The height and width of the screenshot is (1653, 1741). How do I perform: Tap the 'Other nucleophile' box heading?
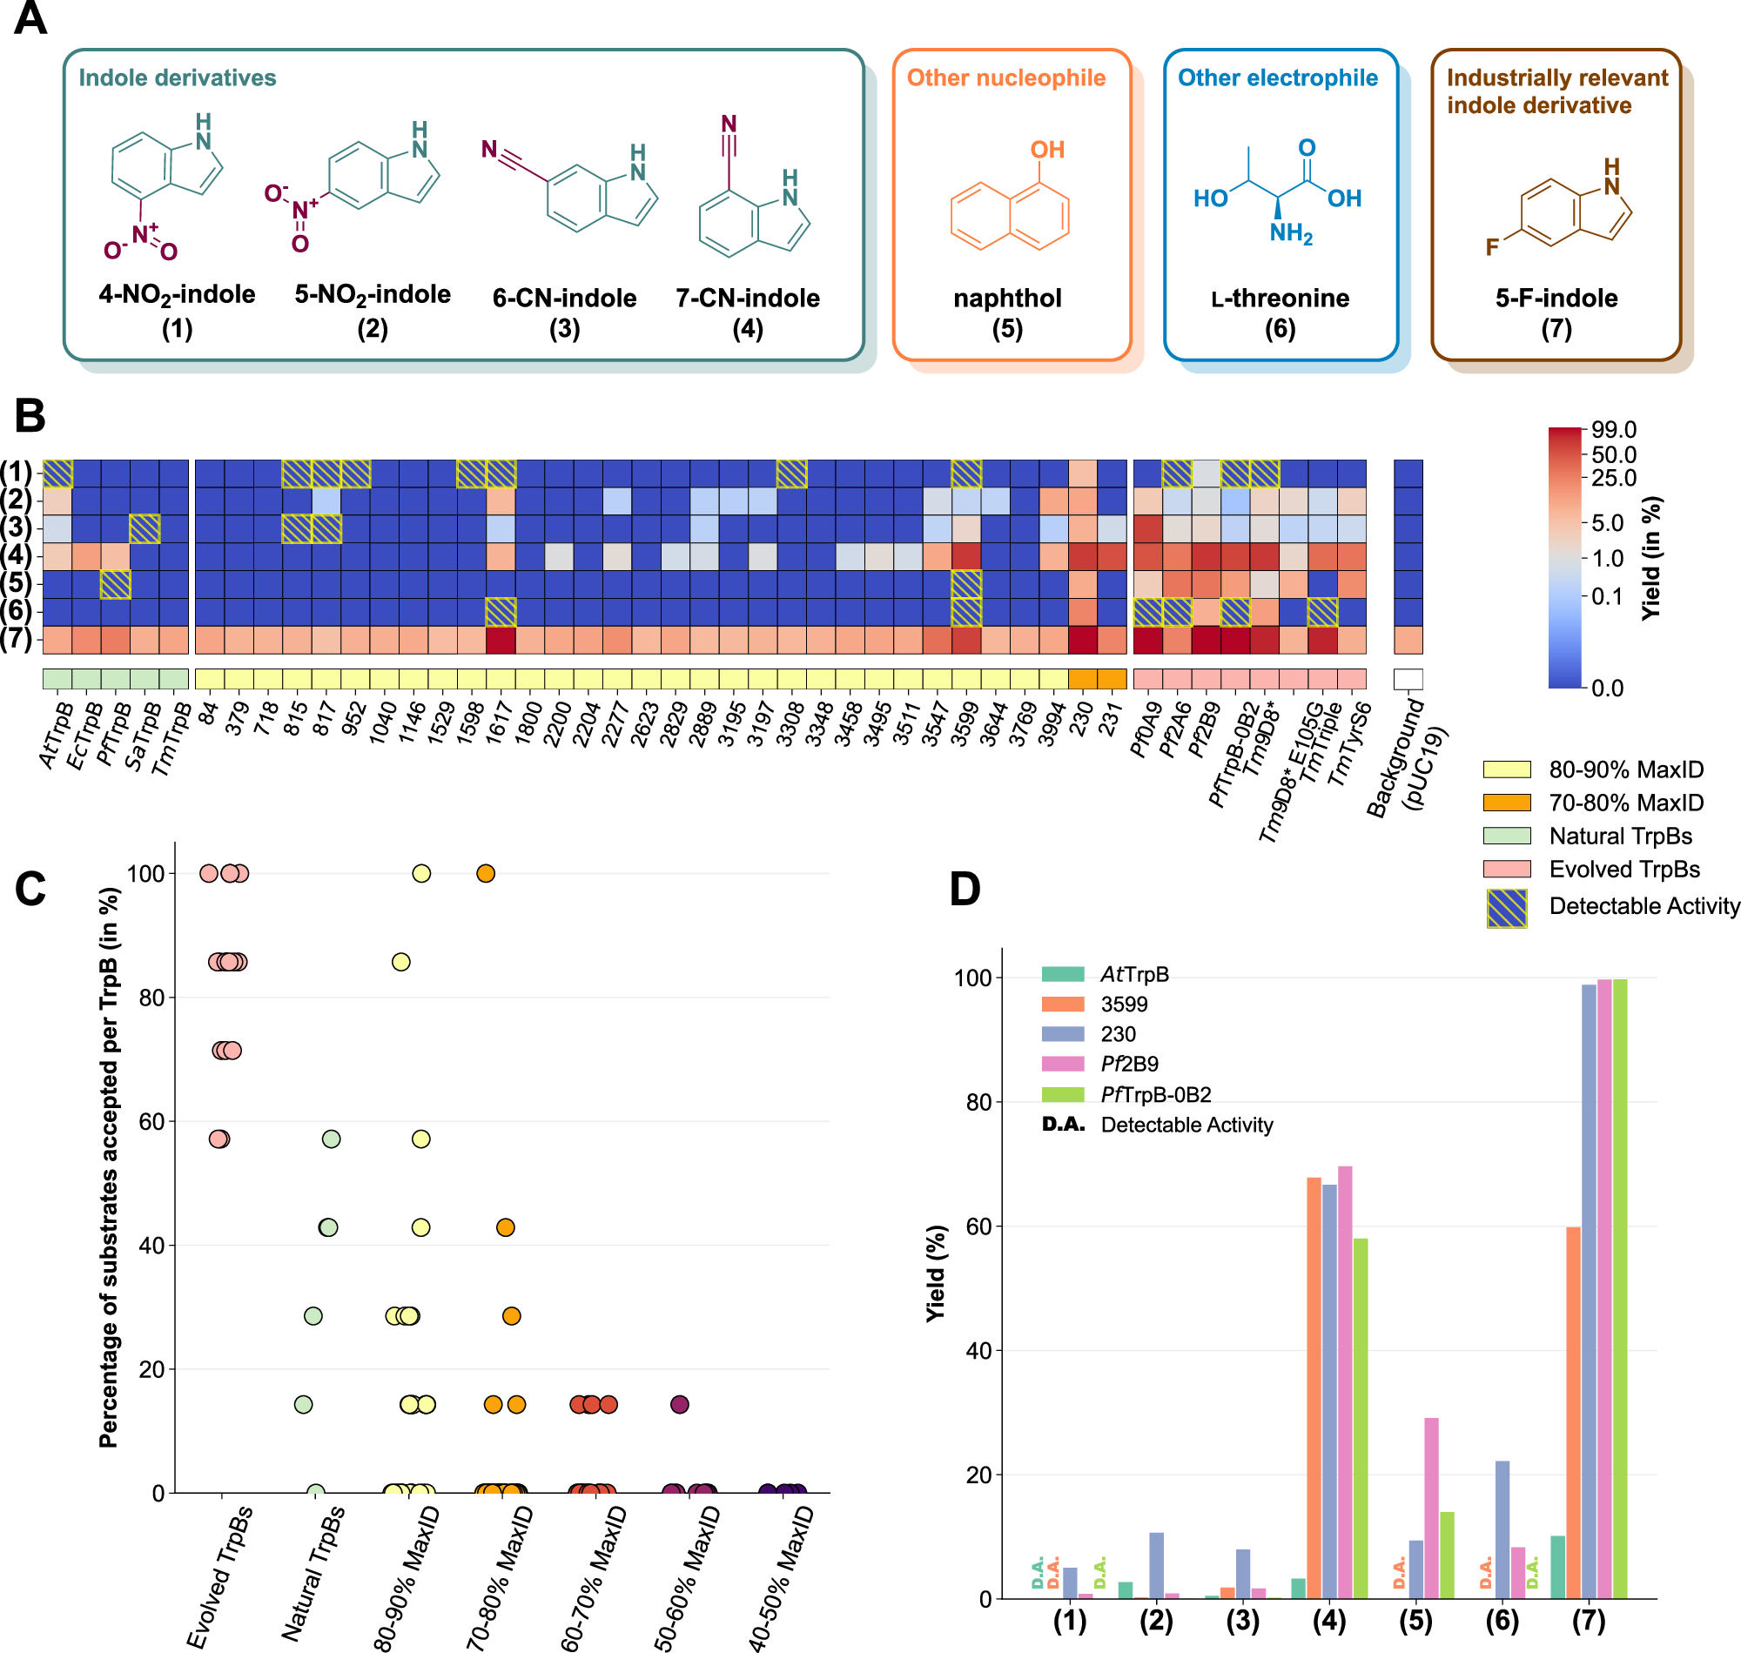point(1006,77)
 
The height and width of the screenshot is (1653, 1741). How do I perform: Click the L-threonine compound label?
point(1280,299)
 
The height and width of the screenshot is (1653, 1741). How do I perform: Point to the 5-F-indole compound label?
point(1556,299)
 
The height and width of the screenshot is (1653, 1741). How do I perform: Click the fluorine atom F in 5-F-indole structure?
point(1492,246)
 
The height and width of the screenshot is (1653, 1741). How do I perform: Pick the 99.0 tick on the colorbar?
point(1614,430)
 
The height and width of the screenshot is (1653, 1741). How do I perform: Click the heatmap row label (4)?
point(17,556)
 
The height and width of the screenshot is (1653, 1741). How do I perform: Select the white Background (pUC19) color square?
point(1408,678)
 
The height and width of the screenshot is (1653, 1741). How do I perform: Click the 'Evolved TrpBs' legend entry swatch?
point(1507,870)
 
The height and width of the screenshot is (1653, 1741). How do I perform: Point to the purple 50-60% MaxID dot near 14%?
point(679,1405)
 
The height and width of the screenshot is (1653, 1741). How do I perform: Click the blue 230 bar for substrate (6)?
point(1502,1529)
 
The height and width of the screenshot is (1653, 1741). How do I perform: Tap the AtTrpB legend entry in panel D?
point(1134,975)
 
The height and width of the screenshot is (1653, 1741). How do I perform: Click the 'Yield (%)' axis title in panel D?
point(936,1273)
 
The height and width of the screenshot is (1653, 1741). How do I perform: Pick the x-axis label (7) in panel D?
point(1589,1621)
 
